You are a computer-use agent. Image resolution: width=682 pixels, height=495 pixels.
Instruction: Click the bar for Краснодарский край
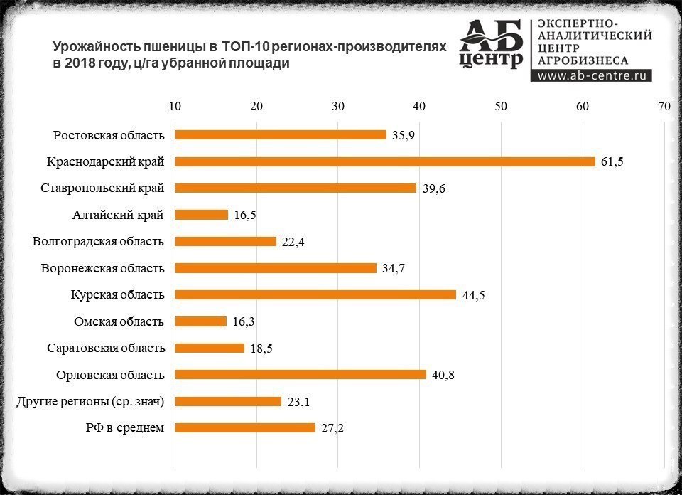click(384, 161)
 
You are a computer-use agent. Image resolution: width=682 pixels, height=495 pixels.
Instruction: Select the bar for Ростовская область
click(281, 135)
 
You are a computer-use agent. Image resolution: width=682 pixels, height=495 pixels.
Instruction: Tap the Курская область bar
click(315, 294)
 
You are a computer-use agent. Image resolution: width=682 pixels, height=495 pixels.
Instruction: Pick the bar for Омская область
click(201, 321)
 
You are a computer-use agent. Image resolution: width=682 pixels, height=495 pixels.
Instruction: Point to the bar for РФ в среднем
click(245, 428)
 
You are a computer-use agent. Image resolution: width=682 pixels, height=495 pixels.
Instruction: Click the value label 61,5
click(612, 162)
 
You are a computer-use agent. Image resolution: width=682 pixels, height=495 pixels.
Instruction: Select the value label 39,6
click(433, 188)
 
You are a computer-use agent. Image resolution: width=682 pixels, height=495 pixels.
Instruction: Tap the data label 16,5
click(245, 215)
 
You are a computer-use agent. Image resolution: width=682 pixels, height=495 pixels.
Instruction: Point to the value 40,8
click(443, 376)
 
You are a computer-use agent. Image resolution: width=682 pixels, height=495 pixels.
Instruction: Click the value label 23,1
click(298, 402)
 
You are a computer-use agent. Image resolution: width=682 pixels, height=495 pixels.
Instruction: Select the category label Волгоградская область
click(98, 241)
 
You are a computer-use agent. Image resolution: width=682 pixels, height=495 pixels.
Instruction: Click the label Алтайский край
click(119, 215)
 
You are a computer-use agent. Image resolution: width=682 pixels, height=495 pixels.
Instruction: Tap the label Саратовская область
click(106, 348)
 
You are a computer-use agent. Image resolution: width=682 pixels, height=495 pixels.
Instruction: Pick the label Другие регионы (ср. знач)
click(90, 401)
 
